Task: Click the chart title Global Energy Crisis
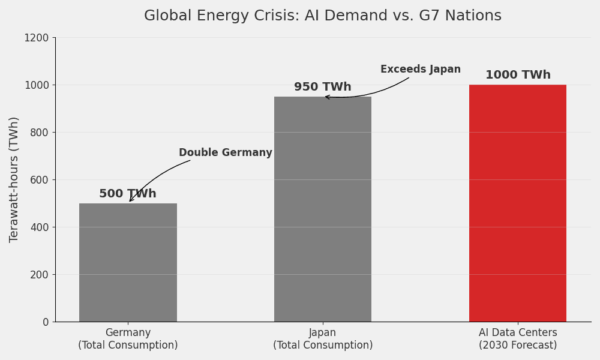point(322,16)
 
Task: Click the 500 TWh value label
point(128,194)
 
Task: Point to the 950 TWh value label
point(322,87)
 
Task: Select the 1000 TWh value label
point(518,75)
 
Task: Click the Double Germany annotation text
point(225,153)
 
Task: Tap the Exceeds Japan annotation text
point(420,70)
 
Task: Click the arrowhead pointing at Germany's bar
point(131,200)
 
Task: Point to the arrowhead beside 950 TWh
point(327,97)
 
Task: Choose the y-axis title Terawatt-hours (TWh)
point(14,179)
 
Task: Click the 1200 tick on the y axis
point(37,38)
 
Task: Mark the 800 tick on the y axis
point(40,133)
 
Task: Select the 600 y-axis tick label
point(40,180)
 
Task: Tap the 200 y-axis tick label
point(40,275)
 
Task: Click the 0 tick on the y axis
point(46,322)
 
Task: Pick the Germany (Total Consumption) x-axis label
point(128,339)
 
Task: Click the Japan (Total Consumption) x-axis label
point(322,339)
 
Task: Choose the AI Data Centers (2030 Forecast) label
point(517,339)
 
